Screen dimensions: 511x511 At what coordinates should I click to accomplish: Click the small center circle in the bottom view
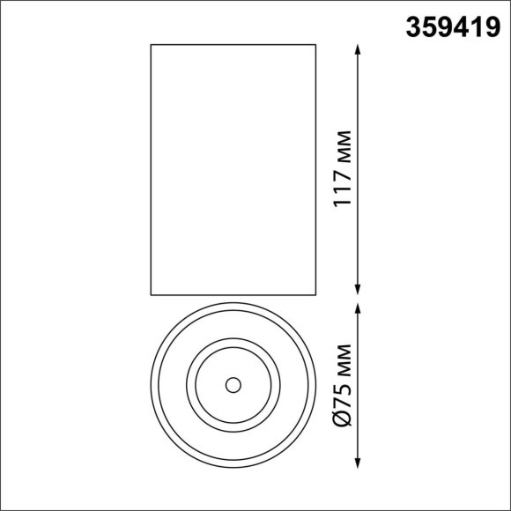coord(233,385)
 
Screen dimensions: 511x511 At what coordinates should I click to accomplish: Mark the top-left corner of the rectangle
coord(152,44)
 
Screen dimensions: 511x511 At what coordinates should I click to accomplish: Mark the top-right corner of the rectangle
coord(315,44)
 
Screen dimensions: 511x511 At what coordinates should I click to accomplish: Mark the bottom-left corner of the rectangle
coord(152,294)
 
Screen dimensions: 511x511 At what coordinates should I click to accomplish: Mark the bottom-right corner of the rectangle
coord(315,294)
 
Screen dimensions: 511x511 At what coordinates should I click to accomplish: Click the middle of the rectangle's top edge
coord(233,44)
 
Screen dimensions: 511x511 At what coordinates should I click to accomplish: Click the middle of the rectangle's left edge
coord(152,169)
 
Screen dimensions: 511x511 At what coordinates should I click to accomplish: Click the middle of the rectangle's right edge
coord(315,169)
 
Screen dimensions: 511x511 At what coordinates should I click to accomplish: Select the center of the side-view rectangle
coord(233,169)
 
